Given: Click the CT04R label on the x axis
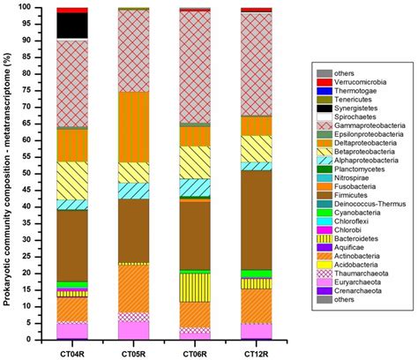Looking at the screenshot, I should pos(72,351).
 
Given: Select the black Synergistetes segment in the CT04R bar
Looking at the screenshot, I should pos(72,26).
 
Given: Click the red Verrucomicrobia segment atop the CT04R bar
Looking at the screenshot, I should pos(72,10).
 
